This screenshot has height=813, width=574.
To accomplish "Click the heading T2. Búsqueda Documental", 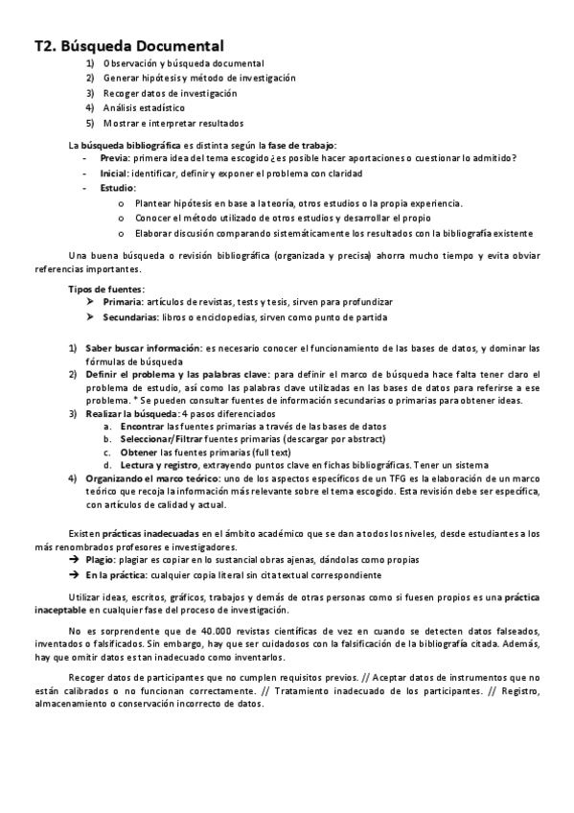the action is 128,45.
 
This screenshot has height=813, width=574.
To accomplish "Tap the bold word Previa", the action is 113,159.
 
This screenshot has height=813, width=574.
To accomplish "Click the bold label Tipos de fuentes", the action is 106,289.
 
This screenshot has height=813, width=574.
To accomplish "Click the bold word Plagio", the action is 100,559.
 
